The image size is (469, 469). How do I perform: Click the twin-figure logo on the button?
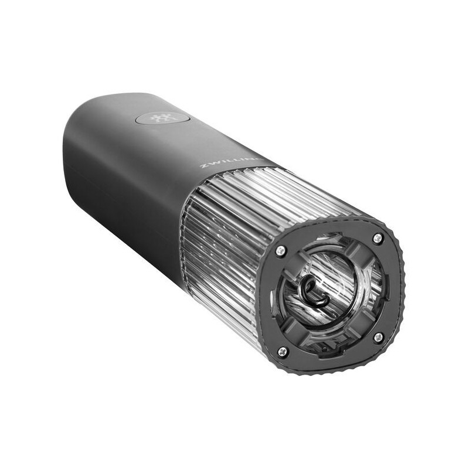click(158, 119)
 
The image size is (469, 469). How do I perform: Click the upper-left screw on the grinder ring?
click(280, 251)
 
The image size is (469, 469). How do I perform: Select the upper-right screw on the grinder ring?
click(378, 238)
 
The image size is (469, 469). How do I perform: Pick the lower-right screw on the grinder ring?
click(379, 338)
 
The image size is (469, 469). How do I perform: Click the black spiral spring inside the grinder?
click(314, 291)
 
